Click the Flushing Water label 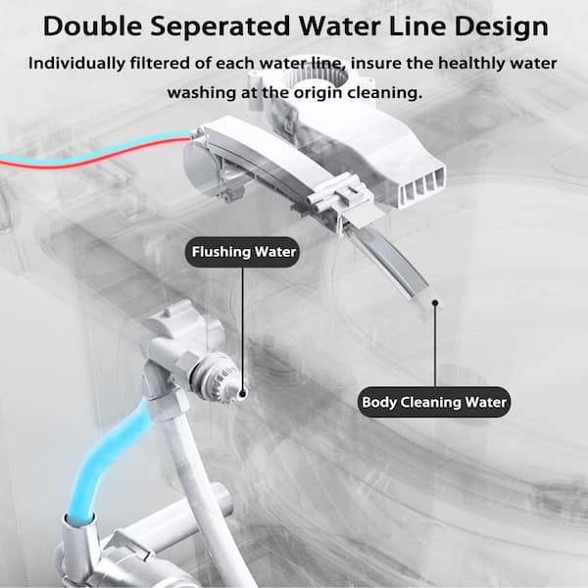point(242,252)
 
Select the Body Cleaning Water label point(435,402)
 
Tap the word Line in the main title point(416,25)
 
